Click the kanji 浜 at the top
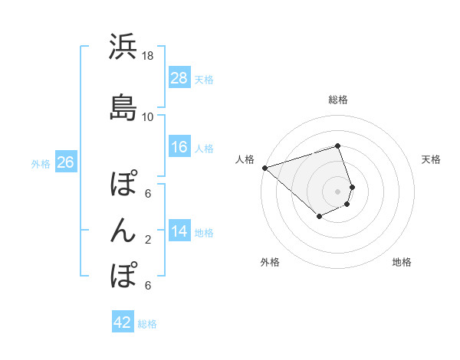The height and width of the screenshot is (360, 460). [123, 47]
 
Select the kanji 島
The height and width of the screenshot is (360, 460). [123, 107]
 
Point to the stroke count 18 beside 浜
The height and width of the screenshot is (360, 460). [148, 57]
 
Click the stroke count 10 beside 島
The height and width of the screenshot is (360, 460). [148, 117]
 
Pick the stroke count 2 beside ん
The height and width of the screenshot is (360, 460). [148, 240]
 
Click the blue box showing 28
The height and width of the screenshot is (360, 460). [179, 78]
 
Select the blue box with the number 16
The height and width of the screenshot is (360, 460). [179, 147]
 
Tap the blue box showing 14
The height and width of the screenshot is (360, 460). [179, 231]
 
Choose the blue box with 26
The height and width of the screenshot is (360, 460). [66, 162]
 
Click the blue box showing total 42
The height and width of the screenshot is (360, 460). [123, 322]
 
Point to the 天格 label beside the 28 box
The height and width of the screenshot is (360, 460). [204, 79]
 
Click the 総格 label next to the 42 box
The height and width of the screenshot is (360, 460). [147, 324]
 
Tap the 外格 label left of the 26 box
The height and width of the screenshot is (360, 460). [41, 163]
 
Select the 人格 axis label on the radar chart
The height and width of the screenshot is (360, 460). [245, 159]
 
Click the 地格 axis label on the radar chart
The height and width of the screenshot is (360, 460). [402, 262]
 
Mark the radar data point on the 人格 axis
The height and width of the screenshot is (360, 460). [264, 167]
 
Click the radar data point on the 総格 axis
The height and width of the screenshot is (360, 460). [337, 146]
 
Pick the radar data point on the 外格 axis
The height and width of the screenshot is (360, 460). [320, 217]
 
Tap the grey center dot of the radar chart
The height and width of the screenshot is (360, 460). [338, 191]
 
